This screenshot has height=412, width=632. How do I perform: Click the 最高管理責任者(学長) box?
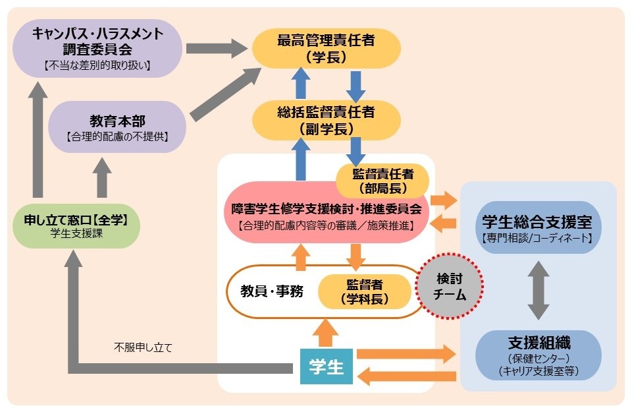pyautogui.click(x=327, y=48)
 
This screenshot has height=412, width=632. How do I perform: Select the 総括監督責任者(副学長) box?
pyautogui.click(x=327, y=119)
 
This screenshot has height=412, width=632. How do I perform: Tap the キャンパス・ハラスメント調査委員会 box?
pyautogui.click(x=98, y=45)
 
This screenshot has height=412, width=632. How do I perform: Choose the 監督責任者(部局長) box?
pyautogui.click(x=382, y=181)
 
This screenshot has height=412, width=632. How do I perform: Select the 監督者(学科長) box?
pyautogui.click(x=366, y=291)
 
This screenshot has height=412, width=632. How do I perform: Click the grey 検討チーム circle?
pyautogui.click(x=450, y=287)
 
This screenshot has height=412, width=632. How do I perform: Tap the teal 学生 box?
pyautogui.click(x=327, y=365)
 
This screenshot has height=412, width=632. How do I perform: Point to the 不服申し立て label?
pyautogui.click(x=143, y=347)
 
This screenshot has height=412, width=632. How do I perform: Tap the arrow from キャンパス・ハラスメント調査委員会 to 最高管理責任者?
pyautogui.click(x=214, y=48)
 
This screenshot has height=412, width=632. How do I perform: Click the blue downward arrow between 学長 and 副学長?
pyautogui.click(x=356, y=83)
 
